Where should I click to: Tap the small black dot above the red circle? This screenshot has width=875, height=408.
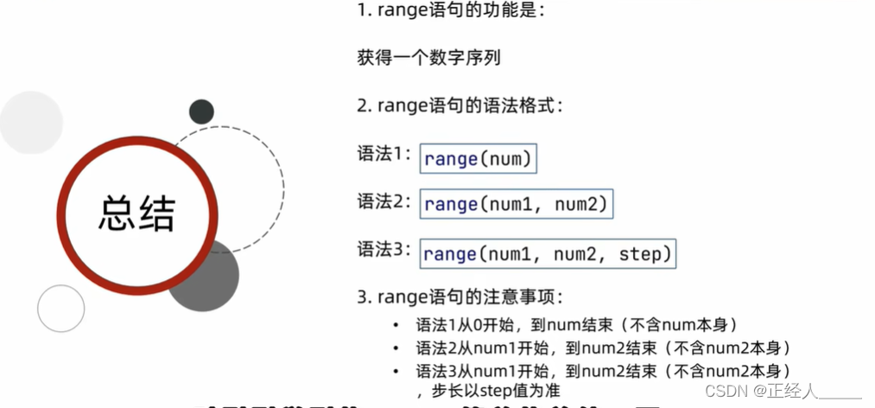point(201,112)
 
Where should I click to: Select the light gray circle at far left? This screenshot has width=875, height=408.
point(30,123)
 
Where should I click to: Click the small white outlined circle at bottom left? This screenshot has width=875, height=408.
point(61,309)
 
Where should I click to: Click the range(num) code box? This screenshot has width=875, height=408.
point(478,159)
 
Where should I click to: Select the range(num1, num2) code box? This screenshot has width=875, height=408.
point(517,205)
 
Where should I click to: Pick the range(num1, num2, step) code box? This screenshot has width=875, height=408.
point(548,254)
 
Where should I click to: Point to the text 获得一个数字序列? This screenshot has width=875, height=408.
point(428,59)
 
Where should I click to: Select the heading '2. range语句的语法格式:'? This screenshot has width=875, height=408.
point(460,106)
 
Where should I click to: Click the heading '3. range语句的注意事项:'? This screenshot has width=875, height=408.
point(460,297)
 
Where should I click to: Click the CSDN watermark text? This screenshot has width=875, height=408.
point(783,391)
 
